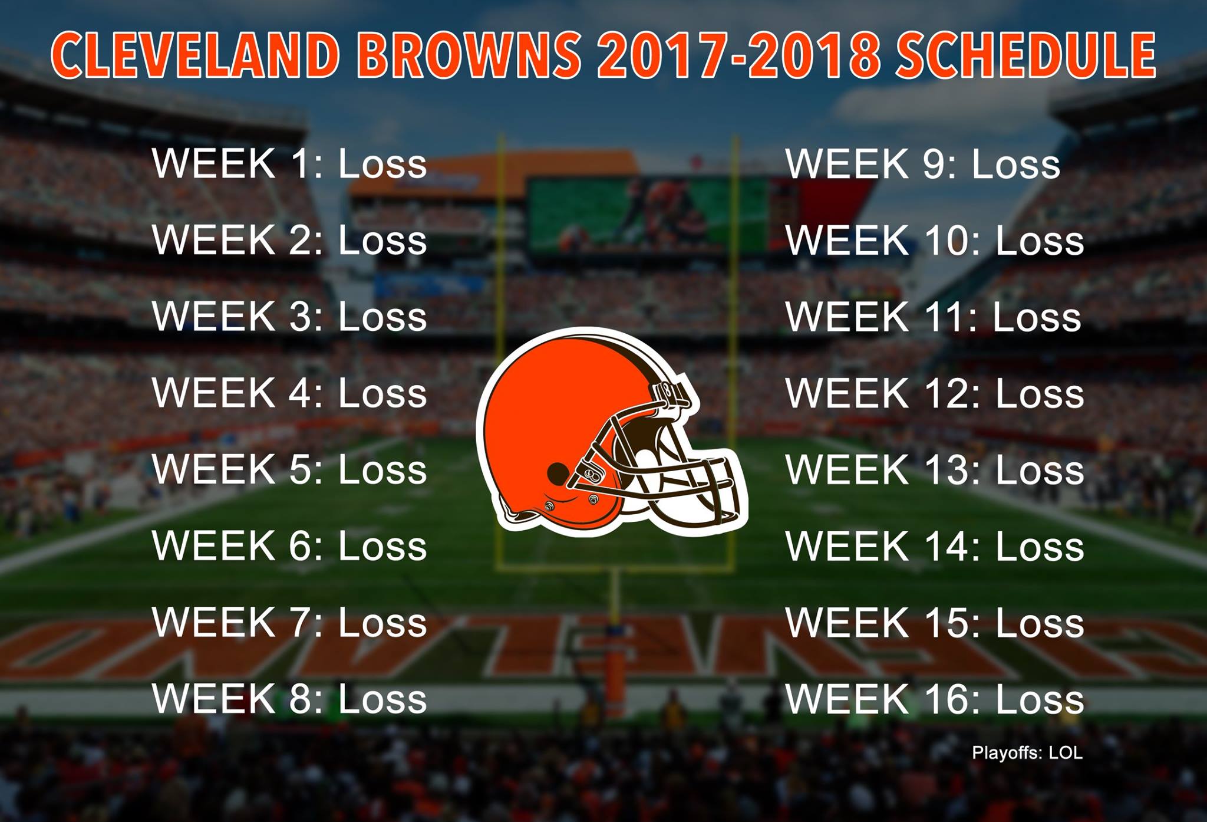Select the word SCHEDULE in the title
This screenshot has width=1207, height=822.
[1025, 55]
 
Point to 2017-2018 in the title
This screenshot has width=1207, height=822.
[739, 55]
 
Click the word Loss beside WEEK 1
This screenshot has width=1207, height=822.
[382, 163]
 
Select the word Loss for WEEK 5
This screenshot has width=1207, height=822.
[382, 470]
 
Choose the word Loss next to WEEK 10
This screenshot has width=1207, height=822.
[1040, 241]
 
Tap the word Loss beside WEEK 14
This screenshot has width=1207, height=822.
[1040, 547]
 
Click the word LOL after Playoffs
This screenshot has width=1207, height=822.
[1066, 753]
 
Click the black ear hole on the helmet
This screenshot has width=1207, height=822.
[558, 472]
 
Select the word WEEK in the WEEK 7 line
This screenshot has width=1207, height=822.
[214, 622]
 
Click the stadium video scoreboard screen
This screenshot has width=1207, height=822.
[648, 215]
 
